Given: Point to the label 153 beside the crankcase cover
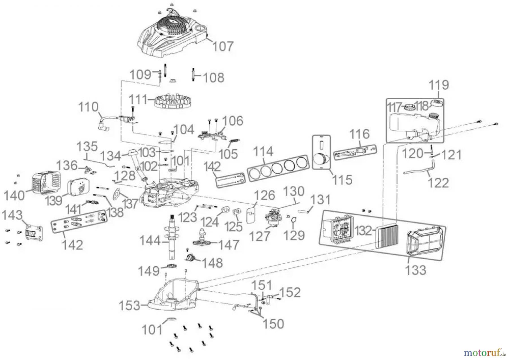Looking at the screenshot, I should (x=129, y=306).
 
